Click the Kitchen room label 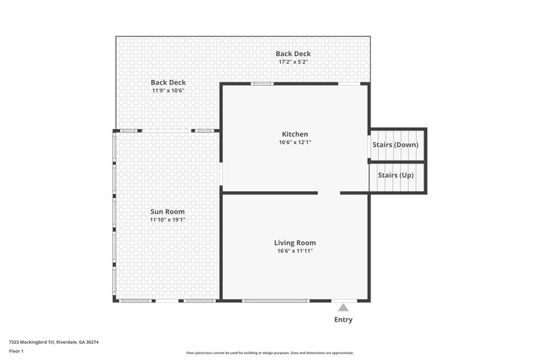click(294, 134)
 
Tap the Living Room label click(294, 242)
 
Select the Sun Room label click(167, 211)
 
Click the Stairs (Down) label click(396, 145)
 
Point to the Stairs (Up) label click(396, 175)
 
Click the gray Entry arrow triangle click(343, 308)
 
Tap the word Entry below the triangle click(343, 320)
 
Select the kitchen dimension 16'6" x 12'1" click(294, 143)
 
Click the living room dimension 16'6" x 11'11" click(294, 251)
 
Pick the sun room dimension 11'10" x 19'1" click(167, 220)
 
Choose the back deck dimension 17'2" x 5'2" click(294, 62)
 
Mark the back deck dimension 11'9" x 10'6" click(168, 91)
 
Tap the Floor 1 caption click(16, 351)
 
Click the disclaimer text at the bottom click(270, 353)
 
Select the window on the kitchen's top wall click(262, 84)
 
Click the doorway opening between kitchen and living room click(329, 193)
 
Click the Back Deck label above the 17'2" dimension click(294, 54)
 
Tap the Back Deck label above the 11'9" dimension click(168, 82)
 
